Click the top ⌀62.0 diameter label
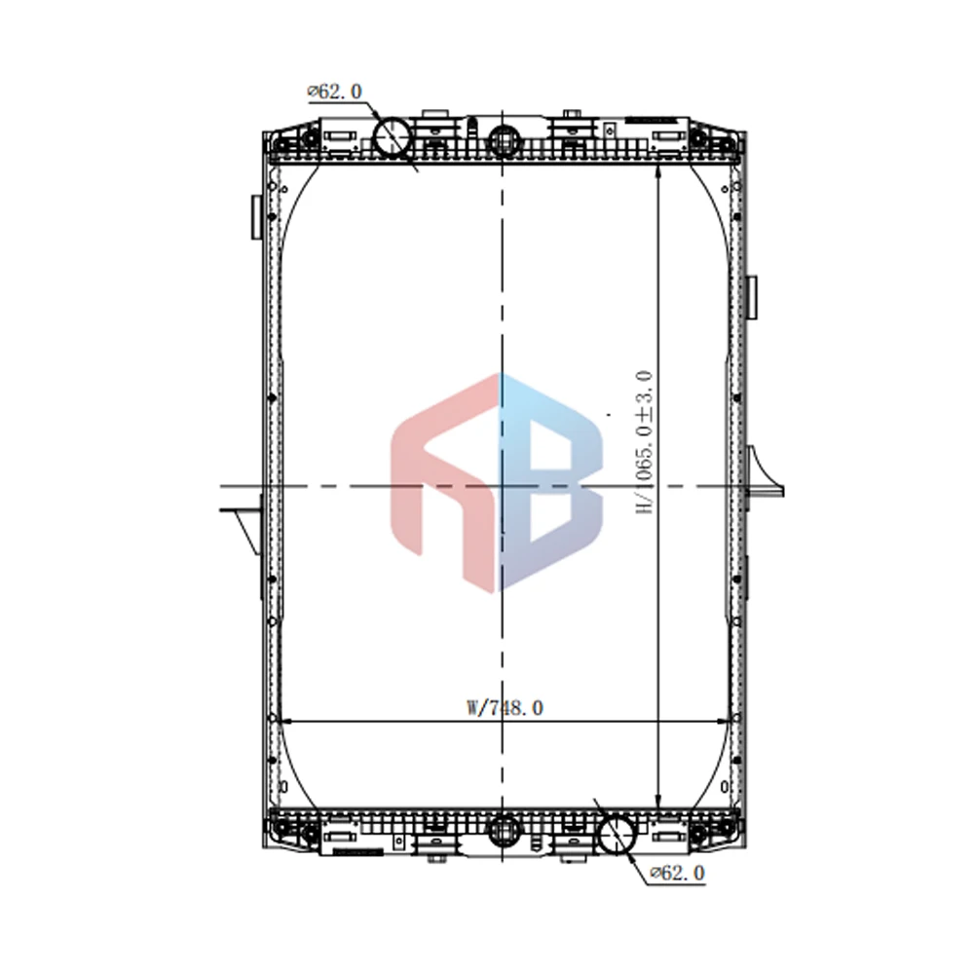(x=335, y=92)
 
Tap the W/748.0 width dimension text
(x=505, y=708)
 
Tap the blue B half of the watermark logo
(x=550, y=477)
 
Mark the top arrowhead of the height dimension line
(x=659, y=169)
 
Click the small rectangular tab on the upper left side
(x=256, y=214)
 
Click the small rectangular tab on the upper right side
(x=752, y=297)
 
